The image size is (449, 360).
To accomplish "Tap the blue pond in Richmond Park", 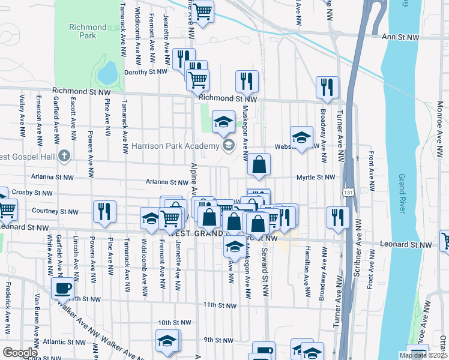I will point(107,73).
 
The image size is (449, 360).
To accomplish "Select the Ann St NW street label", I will point(400,37).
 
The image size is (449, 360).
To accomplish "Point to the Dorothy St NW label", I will point(145,72).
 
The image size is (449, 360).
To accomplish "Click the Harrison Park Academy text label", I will point(175,146).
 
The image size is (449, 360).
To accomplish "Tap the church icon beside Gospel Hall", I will point(65,157).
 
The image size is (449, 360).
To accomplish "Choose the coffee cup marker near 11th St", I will point(62,287).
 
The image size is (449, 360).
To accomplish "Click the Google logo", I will point(19,352).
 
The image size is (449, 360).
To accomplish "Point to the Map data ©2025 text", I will point(423,355).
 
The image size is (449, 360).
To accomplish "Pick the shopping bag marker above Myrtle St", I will point(259,164).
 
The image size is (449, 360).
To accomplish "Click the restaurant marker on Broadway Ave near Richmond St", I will point(327,87).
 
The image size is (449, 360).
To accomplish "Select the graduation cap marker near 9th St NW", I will point(167,340).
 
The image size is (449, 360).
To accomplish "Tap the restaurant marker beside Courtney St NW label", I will point(104,211).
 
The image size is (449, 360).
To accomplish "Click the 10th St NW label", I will point(175,322).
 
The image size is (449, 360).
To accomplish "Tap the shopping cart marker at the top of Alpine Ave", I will point(203,11).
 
